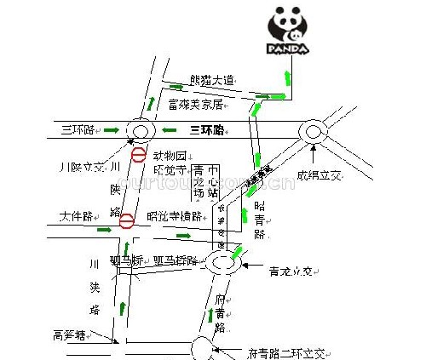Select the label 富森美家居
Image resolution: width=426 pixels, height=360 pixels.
point(195,104)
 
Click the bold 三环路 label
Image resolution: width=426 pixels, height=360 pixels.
point(206,130)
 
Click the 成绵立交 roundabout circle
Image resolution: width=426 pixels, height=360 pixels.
point(313,132)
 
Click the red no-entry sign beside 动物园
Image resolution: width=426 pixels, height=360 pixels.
point(138,154)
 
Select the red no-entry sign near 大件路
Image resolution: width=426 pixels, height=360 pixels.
point(127,222)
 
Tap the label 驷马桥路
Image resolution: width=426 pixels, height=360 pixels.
point(174,260)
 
